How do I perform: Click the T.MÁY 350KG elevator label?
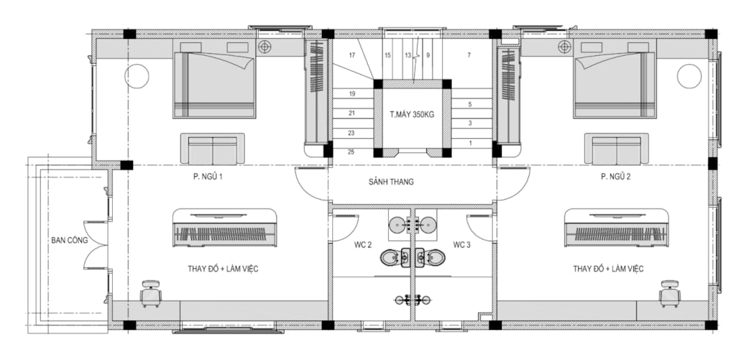click(x=413, y=114)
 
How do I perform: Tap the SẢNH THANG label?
click(x=391, y=182)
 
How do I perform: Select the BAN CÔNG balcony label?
click(x=70, y=240)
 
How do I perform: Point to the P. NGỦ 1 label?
click(x=207, y=177)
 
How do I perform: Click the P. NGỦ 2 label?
click(x=615, y=177)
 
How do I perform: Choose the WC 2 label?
click(x=363, y=244)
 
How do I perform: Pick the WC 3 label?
click(x=462, y=244)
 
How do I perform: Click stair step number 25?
click(x=351, y=152)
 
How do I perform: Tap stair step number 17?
click(x=352, y=55)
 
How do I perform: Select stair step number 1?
click(x=470, y=143)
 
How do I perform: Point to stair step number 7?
click(x=469, y=55)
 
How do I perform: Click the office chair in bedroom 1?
click(x=151, y=293)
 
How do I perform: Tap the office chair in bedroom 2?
click(x=670, y=293)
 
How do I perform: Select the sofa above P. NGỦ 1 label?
click(x=213, y=149)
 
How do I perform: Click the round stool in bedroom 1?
click(x=137, y=76)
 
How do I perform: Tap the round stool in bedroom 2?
click(x=689, y=76)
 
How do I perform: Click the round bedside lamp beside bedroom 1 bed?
click(x=264, y=47)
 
